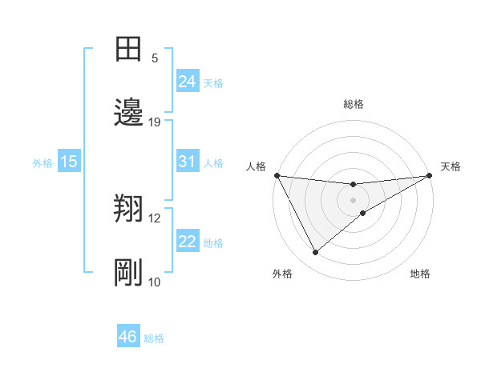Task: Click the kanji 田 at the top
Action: tap(128, 49)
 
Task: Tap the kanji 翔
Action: tap(128, 209)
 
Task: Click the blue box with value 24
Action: tap(188, 81)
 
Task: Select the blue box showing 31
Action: tap(188, 162)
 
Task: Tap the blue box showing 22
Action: tap(188, 242)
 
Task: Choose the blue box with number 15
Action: tap(69, 162)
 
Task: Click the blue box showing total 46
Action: tap(128, 337)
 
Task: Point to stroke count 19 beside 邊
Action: tap(155, 122)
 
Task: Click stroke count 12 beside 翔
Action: tap(155, 218)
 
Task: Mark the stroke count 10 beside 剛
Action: tap(155, 282)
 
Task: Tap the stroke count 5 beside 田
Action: tap(155, 58)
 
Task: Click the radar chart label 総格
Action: tap(354, 104)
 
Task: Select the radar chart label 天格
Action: tap(451, 166)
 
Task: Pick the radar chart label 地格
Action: tap(420, 274)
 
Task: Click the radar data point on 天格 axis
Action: tap(430, 175)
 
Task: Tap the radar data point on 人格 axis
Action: tap(277, 175)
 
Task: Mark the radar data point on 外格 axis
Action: tap(315, 253)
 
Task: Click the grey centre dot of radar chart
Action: tap(354, 200)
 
